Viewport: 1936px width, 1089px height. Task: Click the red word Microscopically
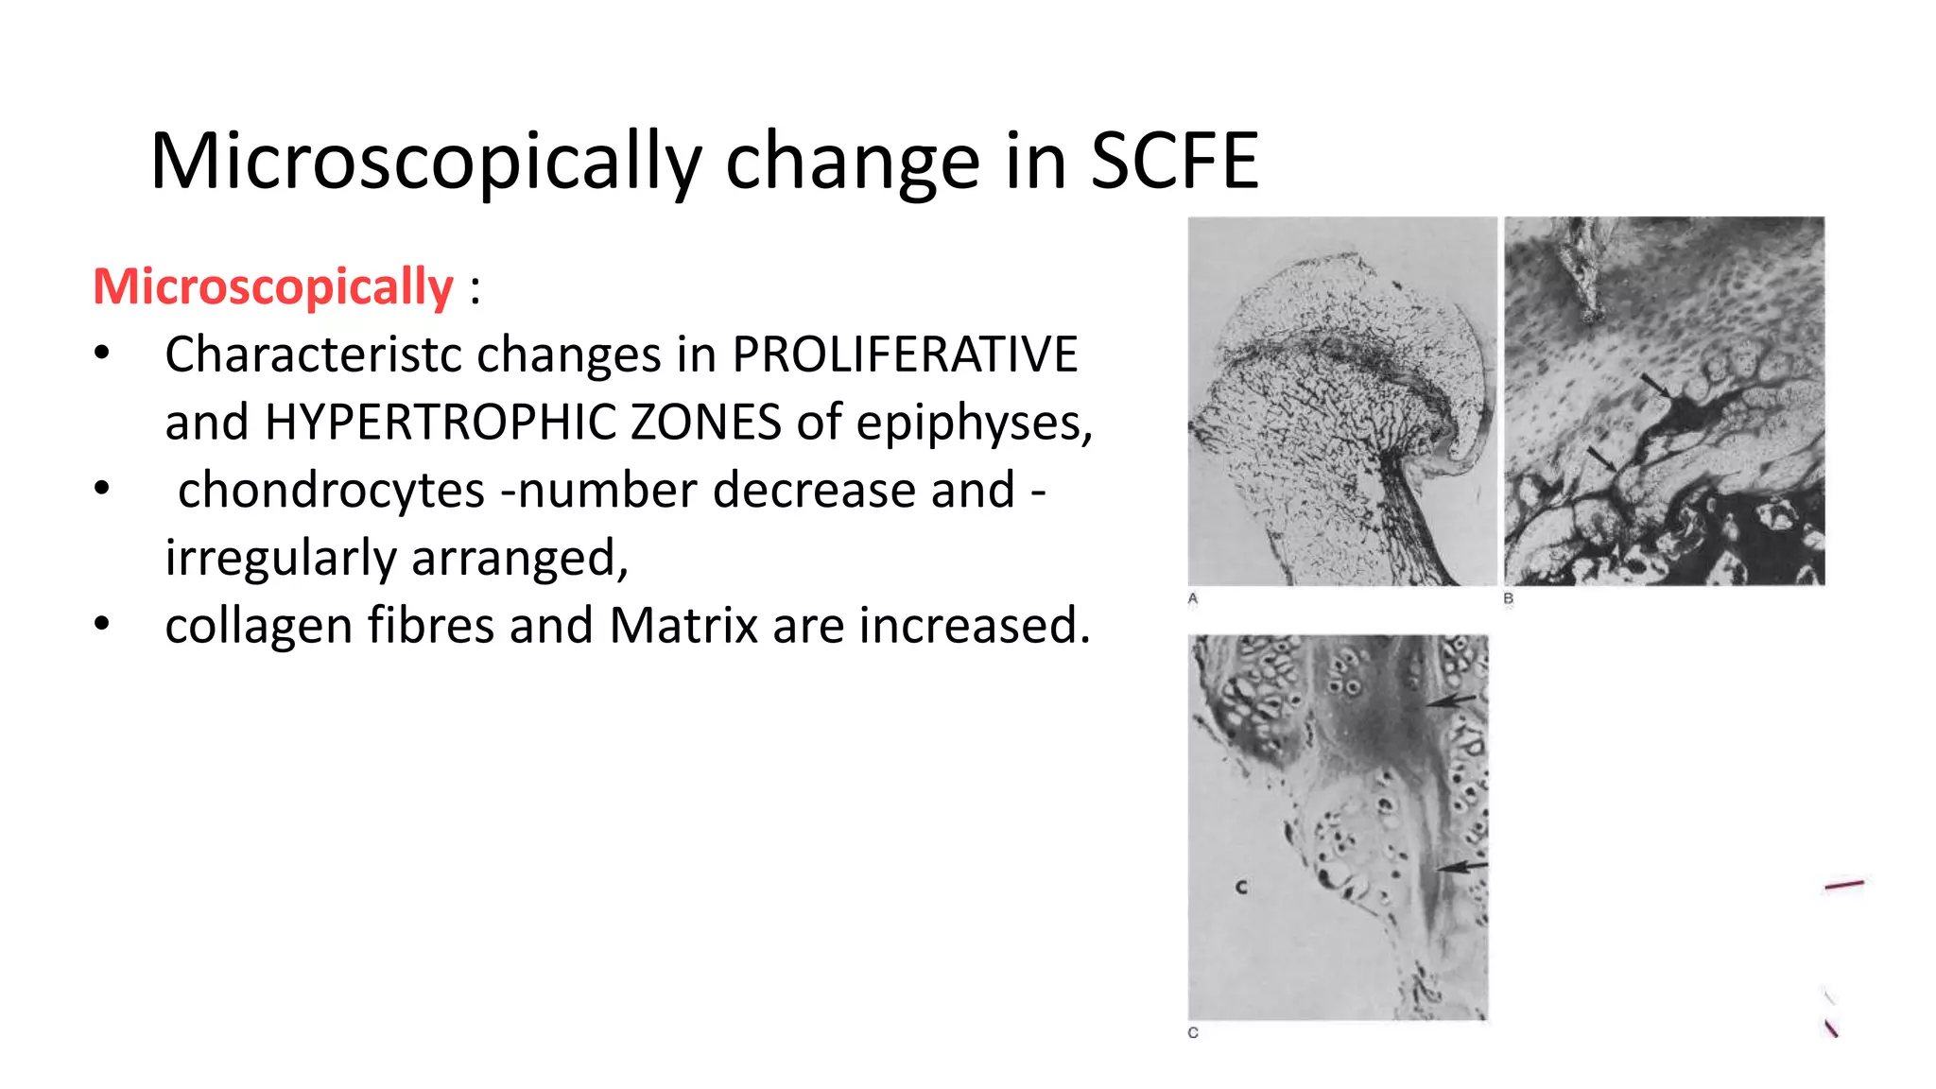point(273,286)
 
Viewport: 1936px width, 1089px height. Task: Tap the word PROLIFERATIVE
point(905,355)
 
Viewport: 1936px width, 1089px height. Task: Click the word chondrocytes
point(331,491)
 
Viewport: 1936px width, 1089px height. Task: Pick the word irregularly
point(280,558)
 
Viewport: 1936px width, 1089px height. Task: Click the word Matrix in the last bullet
point(683,626)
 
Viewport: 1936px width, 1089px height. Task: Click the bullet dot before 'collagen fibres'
point(102,625)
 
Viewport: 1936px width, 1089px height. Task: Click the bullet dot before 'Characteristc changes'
point(102,354)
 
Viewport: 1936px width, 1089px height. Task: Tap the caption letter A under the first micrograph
point(1193,598)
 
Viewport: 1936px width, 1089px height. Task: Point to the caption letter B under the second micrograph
point(1509,598)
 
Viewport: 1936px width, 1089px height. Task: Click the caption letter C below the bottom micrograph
point(1193,1033)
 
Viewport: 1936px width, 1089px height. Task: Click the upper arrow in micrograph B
point(1655,386)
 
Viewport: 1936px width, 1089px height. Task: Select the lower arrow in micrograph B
point(1602,458)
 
